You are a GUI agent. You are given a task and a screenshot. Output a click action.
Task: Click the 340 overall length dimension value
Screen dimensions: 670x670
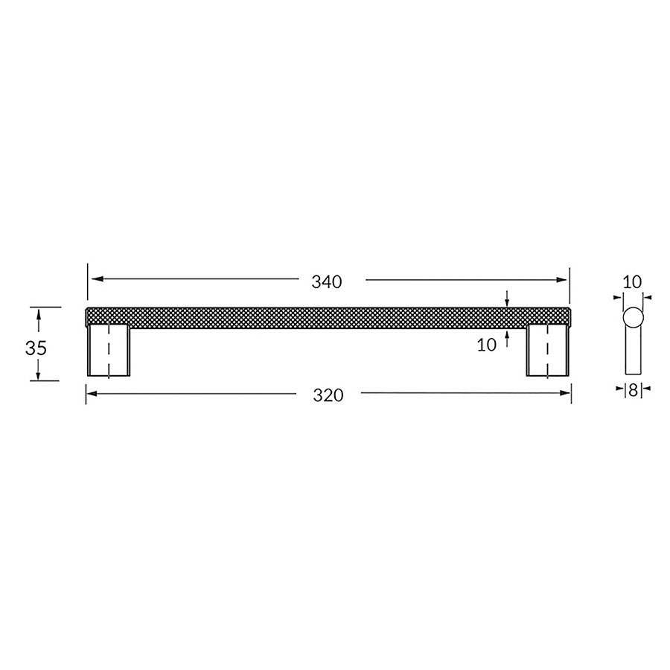click(x=327, y=282)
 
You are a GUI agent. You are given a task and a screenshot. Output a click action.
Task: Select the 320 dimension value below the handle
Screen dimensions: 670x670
click(x=328, y=396)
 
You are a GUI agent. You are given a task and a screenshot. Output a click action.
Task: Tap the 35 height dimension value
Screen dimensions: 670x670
click(x=36, y=348)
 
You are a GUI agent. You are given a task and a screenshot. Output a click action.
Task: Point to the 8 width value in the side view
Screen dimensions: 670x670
click(x=633, y=389)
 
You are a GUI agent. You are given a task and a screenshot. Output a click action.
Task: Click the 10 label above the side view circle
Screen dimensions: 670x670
click(x=631, y=282)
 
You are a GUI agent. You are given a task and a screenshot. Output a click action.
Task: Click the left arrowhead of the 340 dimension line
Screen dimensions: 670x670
click(x=95, y=280)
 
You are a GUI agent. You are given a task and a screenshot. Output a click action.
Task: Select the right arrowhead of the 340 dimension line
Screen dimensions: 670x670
click(x=562, y=280)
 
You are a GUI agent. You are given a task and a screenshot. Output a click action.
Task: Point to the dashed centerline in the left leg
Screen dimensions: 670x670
click(x=109, y=350)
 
